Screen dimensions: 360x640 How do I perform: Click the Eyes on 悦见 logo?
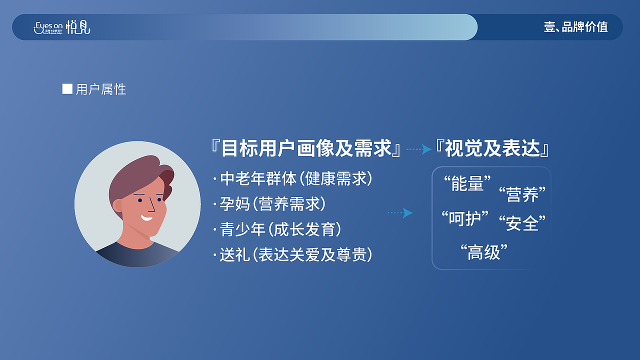[62, 27]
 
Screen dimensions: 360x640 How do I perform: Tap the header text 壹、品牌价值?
[575, 27]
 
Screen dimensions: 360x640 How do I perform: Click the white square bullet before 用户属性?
[67, 89]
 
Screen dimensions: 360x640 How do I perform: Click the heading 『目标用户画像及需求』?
[306, 148]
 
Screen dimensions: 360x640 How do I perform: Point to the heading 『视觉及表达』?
[493, 148]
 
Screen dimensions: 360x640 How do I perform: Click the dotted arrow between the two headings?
[419, 149]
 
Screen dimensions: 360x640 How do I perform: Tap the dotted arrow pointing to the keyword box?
[400, 213]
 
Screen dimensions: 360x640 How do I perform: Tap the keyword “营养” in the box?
[522, 193]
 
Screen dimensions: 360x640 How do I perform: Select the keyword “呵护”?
[464, 218]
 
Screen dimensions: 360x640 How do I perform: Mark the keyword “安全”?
[522, 222]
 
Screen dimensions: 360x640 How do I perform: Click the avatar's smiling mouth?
[146, 217]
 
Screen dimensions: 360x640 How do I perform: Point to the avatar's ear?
[118, 205]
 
